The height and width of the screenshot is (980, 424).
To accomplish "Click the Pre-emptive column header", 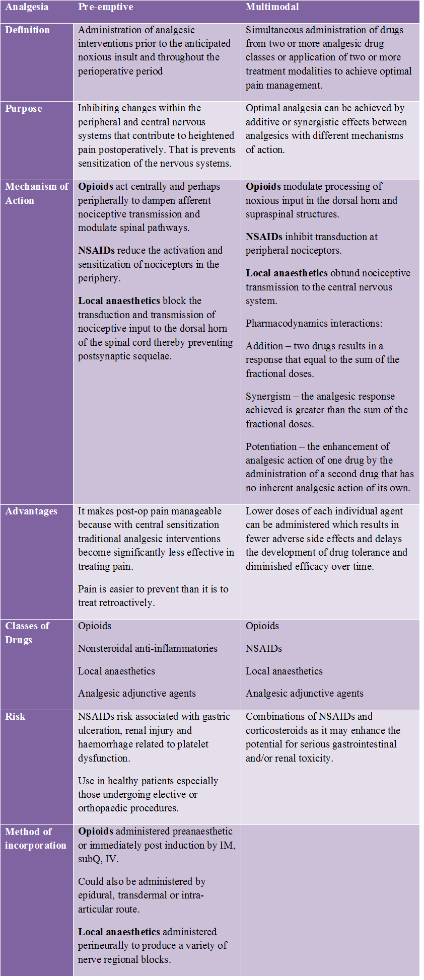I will point(106,7).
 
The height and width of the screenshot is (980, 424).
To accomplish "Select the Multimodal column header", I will point(272,7).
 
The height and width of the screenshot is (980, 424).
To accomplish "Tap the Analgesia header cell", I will point(27,7).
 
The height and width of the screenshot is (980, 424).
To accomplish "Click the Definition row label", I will point(27,30).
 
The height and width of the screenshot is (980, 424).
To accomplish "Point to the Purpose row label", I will point(24,109).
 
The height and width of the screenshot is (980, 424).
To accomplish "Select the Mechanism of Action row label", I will point(36,193).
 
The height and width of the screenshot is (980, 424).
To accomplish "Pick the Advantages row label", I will point(31,511).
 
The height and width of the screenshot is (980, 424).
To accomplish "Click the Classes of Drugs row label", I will point(27,633).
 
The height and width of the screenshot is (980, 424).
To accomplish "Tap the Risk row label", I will point(15,717).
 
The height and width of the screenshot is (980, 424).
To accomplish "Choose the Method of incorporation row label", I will point(35,839).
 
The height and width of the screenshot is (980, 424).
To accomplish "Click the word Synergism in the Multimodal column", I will point(268,397).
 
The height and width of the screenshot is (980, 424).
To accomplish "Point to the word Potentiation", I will point(271,447).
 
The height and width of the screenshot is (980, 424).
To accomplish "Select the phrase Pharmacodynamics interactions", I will point(314,324).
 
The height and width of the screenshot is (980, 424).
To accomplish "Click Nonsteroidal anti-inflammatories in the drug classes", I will point(148,649).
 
